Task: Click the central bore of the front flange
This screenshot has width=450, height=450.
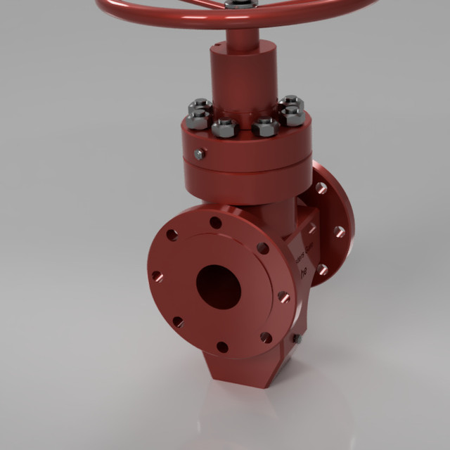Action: click(x=218, y=286)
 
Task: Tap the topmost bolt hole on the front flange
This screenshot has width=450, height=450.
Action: click(x=216, y=223)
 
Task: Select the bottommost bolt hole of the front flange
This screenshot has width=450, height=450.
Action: click(x=222, y=347)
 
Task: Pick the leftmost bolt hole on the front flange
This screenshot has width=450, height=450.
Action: click(x=157, y=277)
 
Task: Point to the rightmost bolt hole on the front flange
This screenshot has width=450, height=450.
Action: click(x=283, y=297)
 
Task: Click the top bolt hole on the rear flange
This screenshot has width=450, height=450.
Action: click(x=321, y=188)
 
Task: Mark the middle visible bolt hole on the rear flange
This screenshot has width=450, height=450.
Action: click(x=340, y=231)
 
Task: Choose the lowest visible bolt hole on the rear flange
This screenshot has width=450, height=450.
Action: click(x=322, y=269)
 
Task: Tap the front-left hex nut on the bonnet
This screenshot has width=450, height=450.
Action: click(x=223, y=127)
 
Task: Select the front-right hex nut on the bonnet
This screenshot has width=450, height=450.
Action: click(x=265, y=127)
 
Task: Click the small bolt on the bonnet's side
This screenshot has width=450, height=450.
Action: click(x=200, y=154)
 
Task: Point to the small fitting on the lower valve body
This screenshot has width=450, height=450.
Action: click(x=297, y=339)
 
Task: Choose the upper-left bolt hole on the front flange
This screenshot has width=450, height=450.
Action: click(x=172, y=235)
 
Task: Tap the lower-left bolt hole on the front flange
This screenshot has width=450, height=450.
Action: click(x=178, y=321)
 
